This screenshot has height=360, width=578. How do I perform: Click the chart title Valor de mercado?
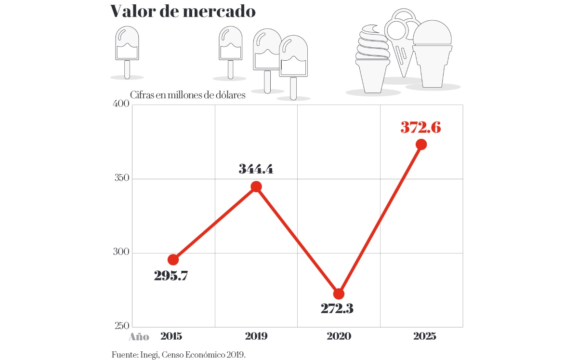coord(183,11)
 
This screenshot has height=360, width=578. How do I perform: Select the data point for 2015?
coord(173,260)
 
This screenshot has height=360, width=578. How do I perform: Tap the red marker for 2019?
coord(256,187)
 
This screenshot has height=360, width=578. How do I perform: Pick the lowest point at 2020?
coord(339,294)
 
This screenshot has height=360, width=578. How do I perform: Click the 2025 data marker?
coord(421,144)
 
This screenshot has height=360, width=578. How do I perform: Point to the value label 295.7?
coord(171,276)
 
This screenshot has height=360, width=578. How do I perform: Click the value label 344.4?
coord(256,169)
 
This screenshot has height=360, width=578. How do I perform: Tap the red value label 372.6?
coord(420,128)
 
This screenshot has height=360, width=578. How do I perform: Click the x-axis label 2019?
coord(256,336)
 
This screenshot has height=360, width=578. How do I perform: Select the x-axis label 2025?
coord(424,336)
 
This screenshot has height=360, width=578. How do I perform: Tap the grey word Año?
coord(139,337)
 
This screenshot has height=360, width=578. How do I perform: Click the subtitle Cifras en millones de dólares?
coord(188,95)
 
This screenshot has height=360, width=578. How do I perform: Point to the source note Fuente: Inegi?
coord(178,355)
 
